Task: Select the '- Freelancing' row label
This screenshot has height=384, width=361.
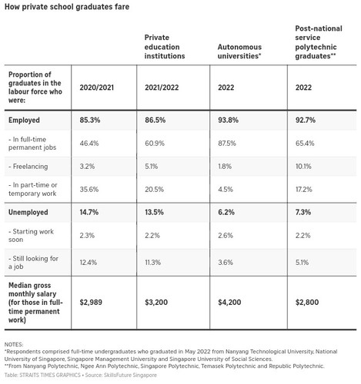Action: point(32,165)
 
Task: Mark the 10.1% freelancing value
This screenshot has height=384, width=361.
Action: point(303,165)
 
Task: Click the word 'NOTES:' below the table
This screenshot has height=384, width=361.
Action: point(14,344)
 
